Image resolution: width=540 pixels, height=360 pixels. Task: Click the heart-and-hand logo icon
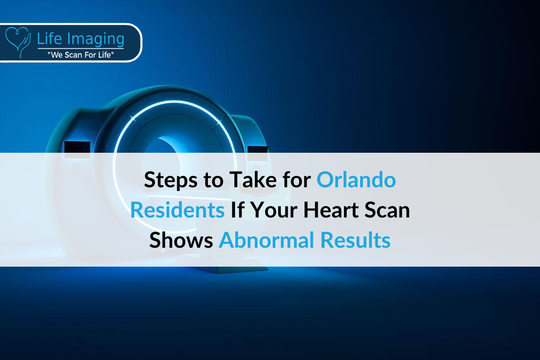(x=18, y=42)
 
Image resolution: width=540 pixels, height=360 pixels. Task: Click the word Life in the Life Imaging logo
(x=50, y=38)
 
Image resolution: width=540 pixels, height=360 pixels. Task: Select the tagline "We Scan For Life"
(x=81, y=55)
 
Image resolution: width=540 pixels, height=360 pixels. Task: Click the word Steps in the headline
(x=171, y=180)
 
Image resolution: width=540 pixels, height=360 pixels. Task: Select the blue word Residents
(x=177, y=209)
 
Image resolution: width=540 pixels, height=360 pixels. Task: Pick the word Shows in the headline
(x=181, y=240)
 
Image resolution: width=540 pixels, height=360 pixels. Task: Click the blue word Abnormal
(x=267, y=240)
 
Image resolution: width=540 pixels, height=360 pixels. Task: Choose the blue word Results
(x=355, y=240)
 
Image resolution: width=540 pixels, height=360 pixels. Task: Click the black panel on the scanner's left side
(x=77, y=148)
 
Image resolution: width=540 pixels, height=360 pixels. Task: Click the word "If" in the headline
(x=238, y=209)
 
